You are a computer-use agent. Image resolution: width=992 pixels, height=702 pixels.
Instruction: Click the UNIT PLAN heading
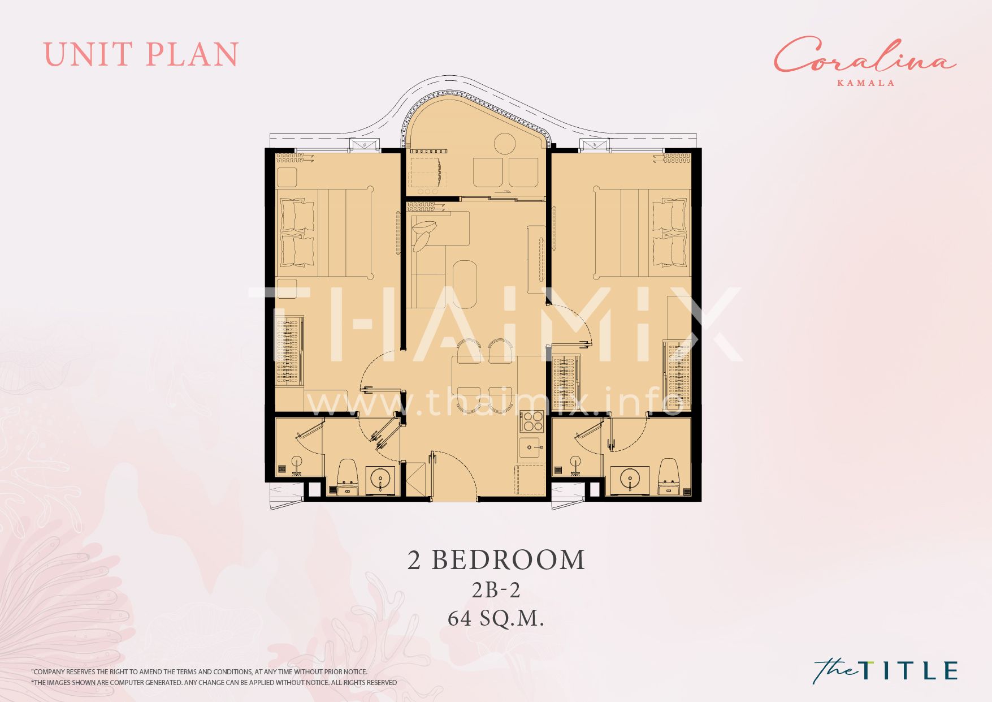(x=141, y=55)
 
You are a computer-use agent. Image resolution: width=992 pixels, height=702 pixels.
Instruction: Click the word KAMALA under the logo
(x=865, y=83)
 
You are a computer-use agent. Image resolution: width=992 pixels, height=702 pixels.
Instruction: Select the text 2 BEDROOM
(x=496, y=560)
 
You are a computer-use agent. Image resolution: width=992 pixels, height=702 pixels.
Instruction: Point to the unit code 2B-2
(x=496, y=590)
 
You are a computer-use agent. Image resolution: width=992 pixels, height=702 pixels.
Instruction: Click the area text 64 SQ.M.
(x=496, y=619)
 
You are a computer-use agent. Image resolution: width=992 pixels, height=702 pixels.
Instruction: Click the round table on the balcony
(x=505, y=143)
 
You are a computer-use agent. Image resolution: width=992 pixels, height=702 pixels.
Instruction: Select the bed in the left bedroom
(x=324, y=232)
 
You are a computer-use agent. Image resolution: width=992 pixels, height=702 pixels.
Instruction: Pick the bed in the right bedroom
(x=642, y=232)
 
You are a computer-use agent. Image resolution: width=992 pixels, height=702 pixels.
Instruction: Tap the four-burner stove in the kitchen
(x=531, y=423)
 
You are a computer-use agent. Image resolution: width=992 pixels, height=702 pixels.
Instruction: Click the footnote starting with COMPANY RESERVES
(x=199, y=672)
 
